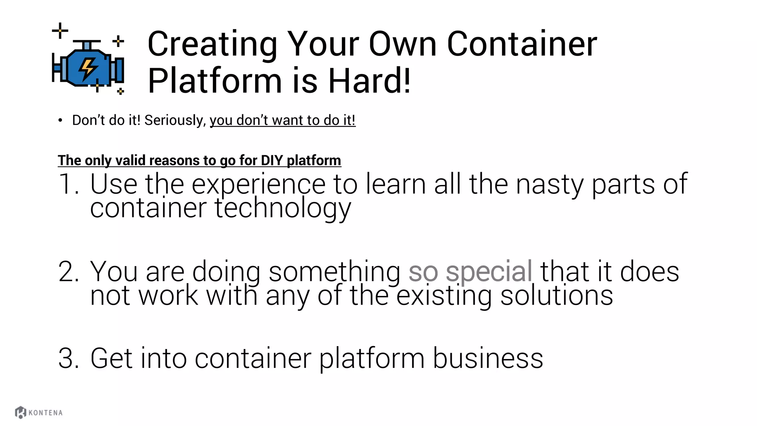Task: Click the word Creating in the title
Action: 212,44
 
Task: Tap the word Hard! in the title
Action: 369,81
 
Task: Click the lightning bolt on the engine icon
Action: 88,68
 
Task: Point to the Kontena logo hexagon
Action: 20,412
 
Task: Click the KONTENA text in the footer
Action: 45,413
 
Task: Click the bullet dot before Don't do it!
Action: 60,120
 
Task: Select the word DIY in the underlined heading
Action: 272,160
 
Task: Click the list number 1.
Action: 68,184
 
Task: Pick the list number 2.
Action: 68,272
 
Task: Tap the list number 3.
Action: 68,358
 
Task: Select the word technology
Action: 283,209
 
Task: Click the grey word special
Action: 489,272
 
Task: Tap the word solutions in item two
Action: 556,295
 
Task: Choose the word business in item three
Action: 488,358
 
